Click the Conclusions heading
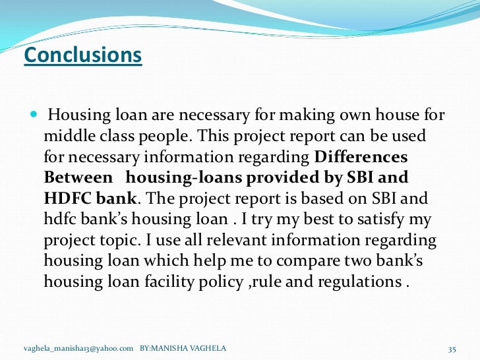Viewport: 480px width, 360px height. point(82,55)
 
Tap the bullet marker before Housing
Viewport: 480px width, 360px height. point(34,117)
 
